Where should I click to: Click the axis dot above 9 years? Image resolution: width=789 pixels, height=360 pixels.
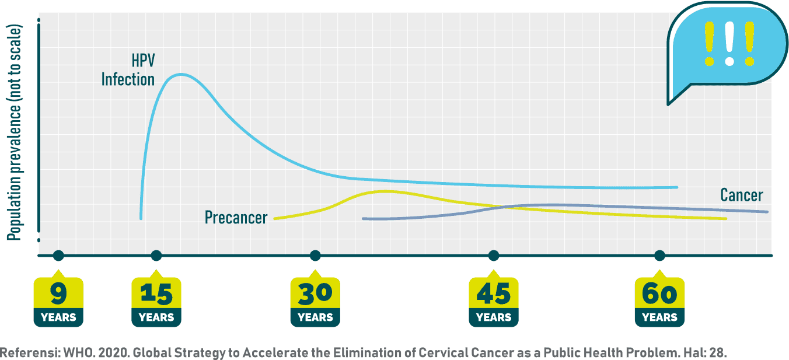point(58,255)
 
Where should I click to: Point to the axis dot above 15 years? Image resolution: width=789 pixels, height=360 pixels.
point(156,255)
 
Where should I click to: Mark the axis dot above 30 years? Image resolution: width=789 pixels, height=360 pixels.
point(315,255)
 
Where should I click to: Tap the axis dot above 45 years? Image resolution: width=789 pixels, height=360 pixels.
point(494,255)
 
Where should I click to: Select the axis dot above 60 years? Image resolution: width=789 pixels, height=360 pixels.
point(659,255)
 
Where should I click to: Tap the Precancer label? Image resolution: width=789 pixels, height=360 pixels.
point(236,218)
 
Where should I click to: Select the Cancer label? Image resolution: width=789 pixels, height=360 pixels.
point(741,195)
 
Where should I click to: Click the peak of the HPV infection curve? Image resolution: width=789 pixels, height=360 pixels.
point(181,74)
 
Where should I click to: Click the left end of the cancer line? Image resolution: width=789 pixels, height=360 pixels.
point(364,219)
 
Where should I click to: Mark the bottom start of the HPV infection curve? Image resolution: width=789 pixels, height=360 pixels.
point(141,218)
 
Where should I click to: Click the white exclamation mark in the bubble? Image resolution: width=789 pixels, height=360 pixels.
point(729,44)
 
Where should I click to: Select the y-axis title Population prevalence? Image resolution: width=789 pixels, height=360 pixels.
point(15,133)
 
